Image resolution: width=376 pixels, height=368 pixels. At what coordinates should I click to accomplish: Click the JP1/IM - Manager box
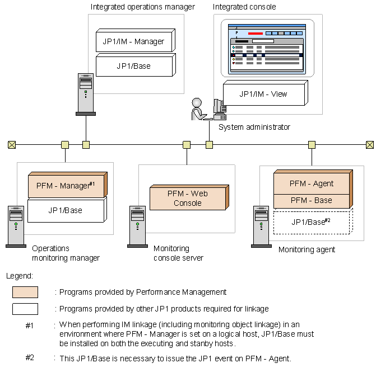(133, 41)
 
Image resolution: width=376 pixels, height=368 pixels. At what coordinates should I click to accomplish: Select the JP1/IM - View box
(263, 93)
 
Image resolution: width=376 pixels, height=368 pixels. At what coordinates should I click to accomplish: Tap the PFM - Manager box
(66, 186)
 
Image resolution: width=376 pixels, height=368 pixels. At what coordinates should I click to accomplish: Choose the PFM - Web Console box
(188, 198)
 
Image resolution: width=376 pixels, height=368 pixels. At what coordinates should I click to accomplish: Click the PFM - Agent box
(312, 183)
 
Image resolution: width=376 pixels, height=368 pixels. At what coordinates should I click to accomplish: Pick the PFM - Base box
(312, 200)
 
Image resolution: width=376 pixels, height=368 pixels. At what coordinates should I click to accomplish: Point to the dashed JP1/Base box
(311, 222)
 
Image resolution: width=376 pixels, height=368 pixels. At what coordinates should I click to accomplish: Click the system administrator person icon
(198, 110)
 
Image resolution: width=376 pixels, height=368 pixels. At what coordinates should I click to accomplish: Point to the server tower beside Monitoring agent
(261, 226)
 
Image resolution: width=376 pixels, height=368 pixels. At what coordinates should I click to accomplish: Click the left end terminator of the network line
(12, 145)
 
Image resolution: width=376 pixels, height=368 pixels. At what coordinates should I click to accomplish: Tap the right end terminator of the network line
(369, 145)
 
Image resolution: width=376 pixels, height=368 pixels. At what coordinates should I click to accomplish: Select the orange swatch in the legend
(25, 292)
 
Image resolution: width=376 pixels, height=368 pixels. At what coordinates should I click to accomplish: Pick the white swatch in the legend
(25, 309)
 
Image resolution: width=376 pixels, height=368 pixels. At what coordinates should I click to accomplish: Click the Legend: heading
(20, 276)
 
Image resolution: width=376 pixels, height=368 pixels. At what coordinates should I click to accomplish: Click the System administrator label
(254, 128)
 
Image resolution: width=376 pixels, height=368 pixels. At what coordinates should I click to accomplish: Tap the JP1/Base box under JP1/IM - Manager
(133, 65)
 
